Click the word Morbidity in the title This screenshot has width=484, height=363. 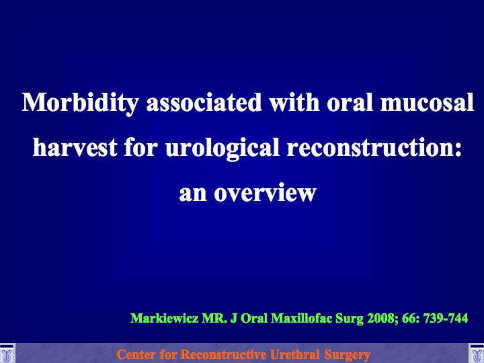80,104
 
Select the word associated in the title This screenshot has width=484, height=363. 204,102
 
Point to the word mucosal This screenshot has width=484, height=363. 428,103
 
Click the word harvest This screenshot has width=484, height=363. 75,147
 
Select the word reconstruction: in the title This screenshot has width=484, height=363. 374,147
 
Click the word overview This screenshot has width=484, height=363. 265,193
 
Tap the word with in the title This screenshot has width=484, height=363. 294,102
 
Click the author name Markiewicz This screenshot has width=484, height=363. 164,318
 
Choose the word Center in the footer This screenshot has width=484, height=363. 136,354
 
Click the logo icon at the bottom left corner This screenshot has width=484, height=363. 7,353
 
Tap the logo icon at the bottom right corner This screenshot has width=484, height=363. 477,353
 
